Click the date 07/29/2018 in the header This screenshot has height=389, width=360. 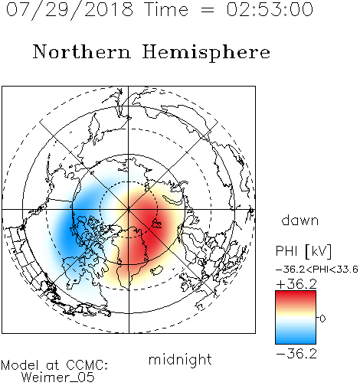point(70,10)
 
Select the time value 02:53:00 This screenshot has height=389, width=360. point(270,9)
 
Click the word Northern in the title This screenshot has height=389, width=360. point(82,52)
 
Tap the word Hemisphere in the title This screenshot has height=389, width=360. point(206,53)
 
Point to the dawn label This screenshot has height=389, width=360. point(300,220)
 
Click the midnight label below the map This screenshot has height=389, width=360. point(180,360)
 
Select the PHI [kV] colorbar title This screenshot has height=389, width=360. point(303,251)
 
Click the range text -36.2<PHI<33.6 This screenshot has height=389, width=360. point(317,270)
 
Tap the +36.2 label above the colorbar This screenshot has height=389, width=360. point(296,284)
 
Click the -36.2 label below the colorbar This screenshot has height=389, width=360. point(296,354)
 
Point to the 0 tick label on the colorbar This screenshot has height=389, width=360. point(322,319)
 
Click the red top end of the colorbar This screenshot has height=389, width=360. point(296,294)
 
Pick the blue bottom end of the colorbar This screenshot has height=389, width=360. point(296,341)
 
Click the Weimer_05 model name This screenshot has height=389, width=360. point(58,378)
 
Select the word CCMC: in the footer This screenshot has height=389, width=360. point(87,365)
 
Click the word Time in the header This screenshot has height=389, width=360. point(166,9)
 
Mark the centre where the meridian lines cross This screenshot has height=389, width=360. point(129,210)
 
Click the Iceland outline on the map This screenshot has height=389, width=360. point(157,270)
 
